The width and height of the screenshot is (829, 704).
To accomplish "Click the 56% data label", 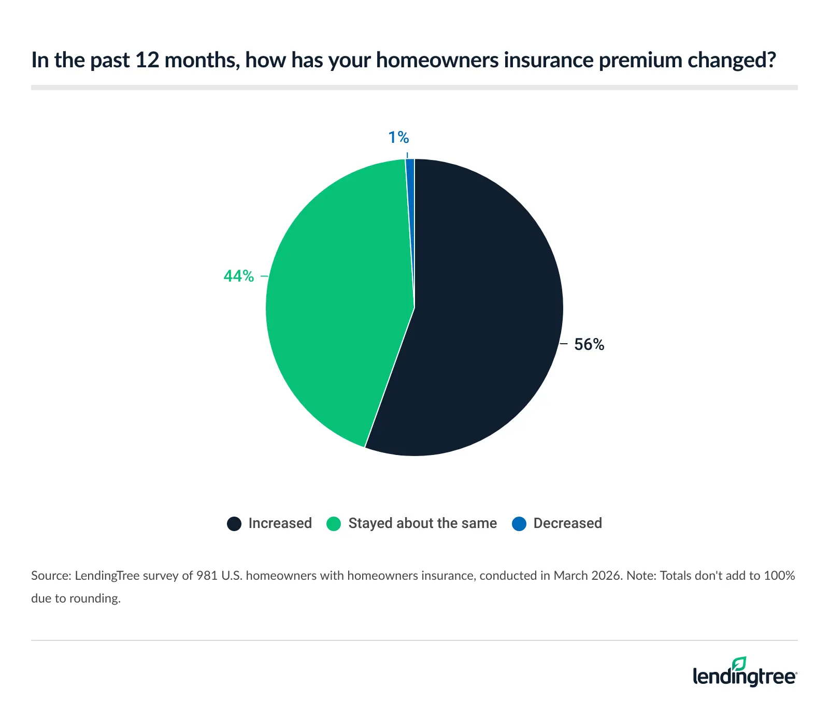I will [x=589, y=345].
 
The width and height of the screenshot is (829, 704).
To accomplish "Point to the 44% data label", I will [x=239, y=276].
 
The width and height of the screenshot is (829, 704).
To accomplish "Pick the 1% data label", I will [x=398, y=138].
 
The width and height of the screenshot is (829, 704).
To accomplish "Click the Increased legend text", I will [x=280, y=523].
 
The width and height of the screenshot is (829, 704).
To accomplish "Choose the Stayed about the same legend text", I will [x=422, y=523].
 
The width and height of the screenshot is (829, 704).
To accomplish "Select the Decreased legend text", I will [x=567, y=523].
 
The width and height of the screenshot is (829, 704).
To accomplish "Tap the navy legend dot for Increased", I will [x=234, y=524].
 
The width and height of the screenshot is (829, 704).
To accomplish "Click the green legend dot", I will [x=334, y=524].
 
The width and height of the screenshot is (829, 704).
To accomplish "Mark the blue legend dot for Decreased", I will [x=519, y=524].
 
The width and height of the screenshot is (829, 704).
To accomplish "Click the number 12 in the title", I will [x=147, y=61].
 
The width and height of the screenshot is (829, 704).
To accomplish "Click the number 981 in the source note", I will [x=207, y=576].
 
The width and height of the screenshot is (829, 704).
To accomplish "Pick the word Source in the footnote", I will [x=50, y=576].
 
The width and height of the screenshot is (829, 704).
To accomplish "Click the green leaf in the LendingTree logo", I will [x=739, y=664].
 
